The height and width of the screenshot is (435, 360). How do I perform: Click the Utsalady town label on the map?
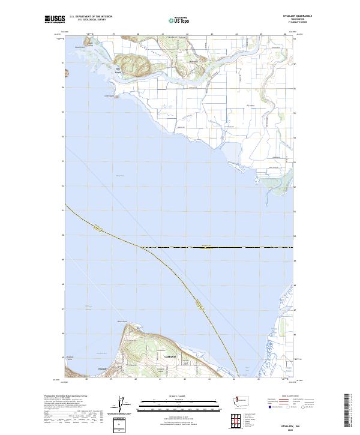click(101, 368)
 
